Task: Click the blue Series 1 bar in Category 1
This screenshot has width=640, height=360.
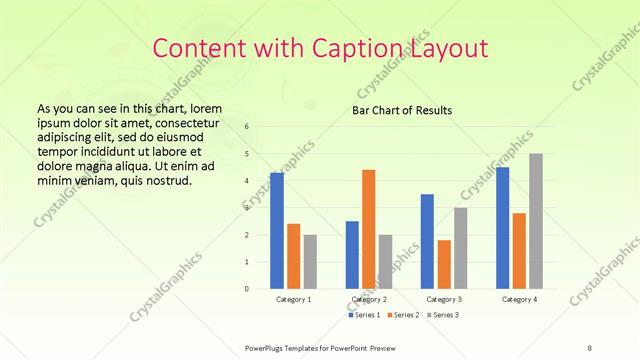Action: (x=277, y=231)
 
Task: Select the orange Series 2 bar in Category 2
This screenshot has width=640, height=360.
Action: (x=368, y=229)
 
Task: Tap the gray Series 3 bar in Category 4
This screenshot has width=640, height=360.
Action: (x=536, y=221)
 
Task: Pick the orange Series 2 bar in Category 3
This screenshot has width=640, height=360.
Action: (x=444, y=264)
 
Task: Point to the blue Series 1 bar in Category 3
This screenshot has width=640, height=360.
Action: (x=427, y=241)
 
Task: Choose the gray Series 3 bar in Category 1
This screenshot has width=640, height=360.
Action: (x=310, y=262)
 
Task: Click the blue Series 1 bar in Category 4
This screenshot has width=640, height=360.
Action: (x=503, y=228)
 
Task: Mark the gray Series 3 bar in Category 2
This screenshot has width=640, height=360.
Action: (x=385, y=262)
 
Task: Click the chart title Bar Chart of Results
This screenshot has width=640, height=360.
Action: (x=401, y=110)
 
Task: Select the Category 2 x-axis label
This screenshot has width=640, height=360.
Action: (x=369, y=299)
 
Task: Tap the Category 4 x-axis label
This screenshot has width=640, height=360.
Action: (x=519, y=299)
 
